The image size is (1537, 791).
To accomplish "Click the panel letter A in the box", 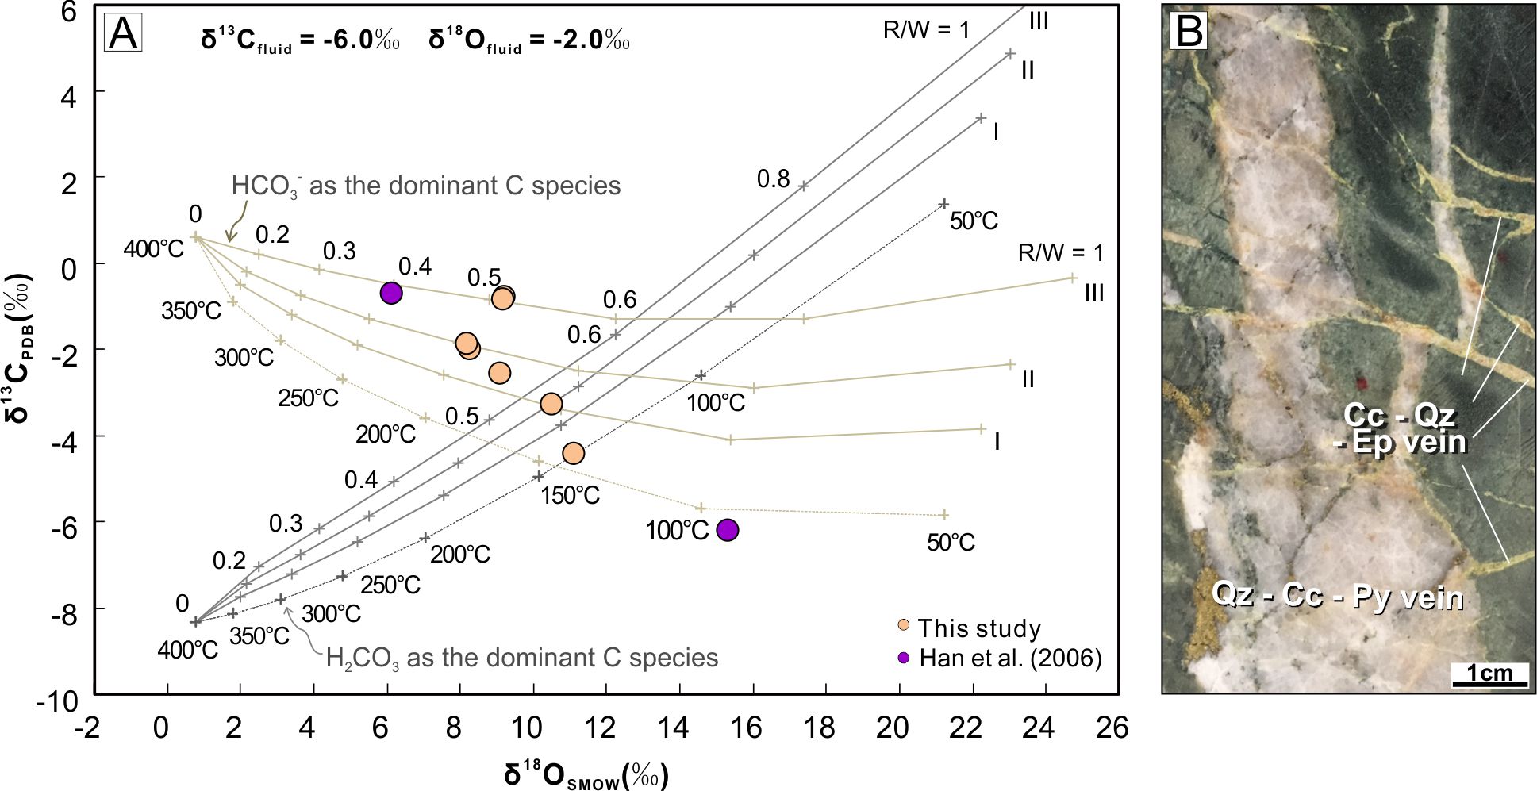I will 123,33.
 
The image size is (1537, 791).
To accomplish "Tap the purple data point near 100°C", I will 727,530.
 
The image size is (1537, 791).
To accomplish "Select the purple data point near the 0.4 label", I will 391,293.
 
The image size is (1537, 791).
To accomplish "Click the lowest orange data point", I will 573,453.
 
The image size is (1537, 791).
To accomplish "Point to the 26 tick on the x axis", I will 1112,727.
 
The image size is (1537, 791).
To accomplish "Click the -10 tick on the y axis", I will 57,701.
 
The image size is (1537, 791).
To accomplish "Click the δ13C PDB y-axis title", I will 21,348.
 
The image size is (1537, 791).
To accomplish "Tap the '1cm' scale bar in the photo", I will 1489,674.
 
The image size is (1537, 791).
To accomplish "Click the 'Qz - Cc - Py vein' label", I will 1337,596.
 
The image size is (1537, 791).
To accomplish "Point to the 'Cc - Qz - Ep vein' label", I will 1401,428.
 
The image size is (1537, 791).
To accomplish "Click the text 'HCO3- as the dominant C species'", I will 426,186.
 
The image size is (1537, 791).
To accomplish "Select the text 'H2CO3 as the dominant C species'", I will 521,659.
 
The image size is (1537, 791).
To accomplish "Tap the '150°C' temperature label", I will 570,496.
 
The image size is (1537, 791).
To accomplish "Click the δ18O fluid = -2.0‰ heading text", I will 528,40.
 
